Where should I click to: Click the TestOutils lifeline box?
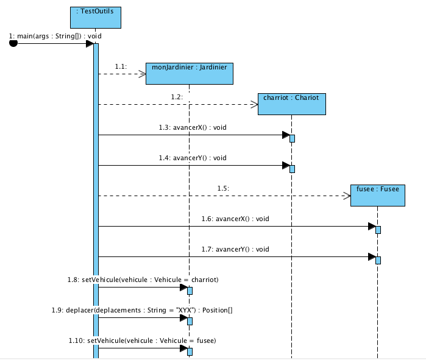(96, 16)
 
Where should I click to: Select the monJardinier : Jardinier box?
(190, 74)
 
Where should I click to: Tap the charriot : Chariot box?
(291, 104)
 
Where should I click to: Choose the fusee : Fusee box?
(377, 196)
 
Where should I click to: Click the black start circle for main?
(14, 43)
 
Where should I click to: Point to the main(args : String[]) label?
(55, 36)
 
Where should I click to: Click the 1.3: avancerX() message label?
(193, 127)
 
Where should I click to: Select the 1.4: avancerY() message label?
(193, 158)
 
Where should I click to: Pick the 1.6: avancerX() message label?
(235, 219)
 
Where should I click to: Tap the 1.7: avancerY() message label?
(235, 249)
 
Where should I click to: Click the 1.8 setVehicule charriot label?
(143, 280)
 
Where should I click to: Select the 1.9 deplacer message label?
(143, 310)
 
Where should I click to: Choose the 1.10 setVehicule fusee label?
(142, 341)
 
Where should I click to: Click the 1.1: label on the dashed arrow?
(121, 66)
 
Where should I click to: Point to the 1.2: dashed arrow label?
(177, 97)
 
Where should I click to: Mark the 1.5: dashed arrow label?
(223, 188)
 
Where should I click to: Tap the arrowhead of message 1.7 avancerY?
(371, 257)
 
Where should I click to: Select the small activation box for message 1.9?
(190, 321)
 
